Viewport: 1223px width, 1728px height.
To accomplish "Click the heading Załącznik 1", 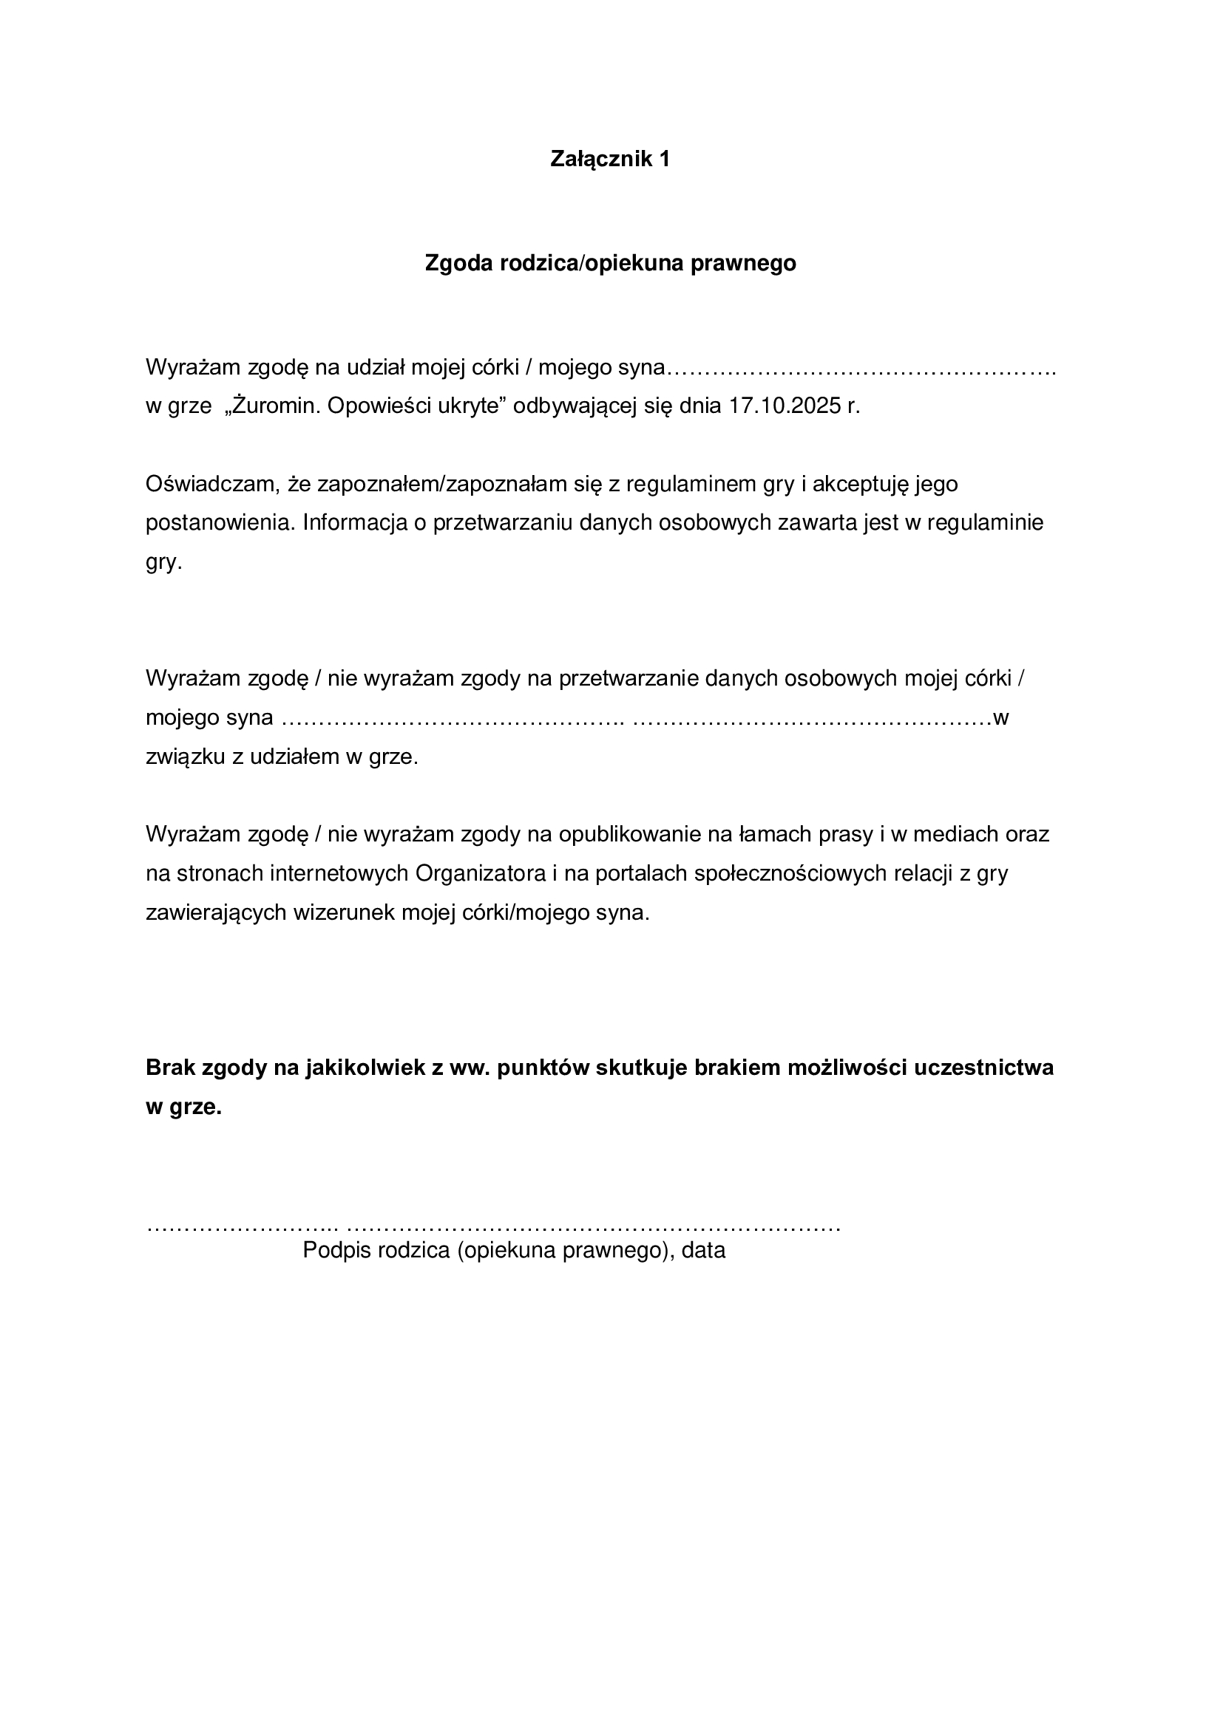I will [610, 160].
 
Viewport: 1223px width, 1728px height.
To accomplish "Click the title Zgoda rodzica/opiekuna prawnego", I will [611, 264].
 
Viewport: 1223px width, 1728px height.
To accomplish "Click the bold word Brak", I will [170, 1068].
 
